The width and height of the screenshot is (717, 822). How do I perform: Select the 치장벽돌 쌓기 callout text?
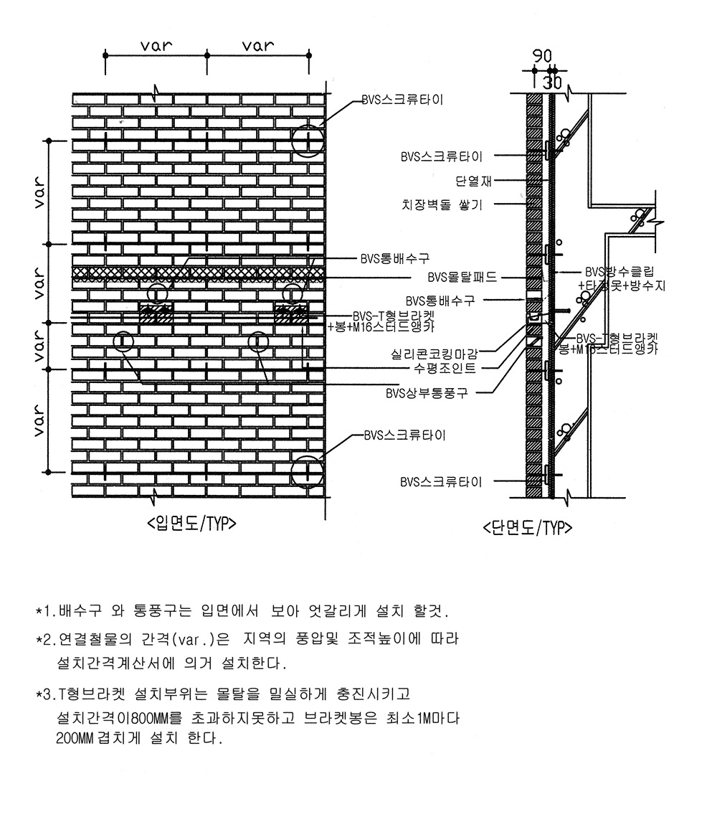(x=442, y=205)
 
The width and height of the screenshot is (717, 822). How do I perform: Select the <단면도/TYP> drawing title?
(x=528, y=529)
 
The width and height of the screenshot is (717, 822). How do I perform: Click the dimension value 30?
(x=552, y=82)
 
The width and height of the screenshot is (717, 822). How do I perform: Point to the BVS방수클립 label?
(x=620, y=272)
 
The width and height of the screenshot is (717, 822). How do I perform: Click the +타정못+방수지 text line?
(x=622, y=285)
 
